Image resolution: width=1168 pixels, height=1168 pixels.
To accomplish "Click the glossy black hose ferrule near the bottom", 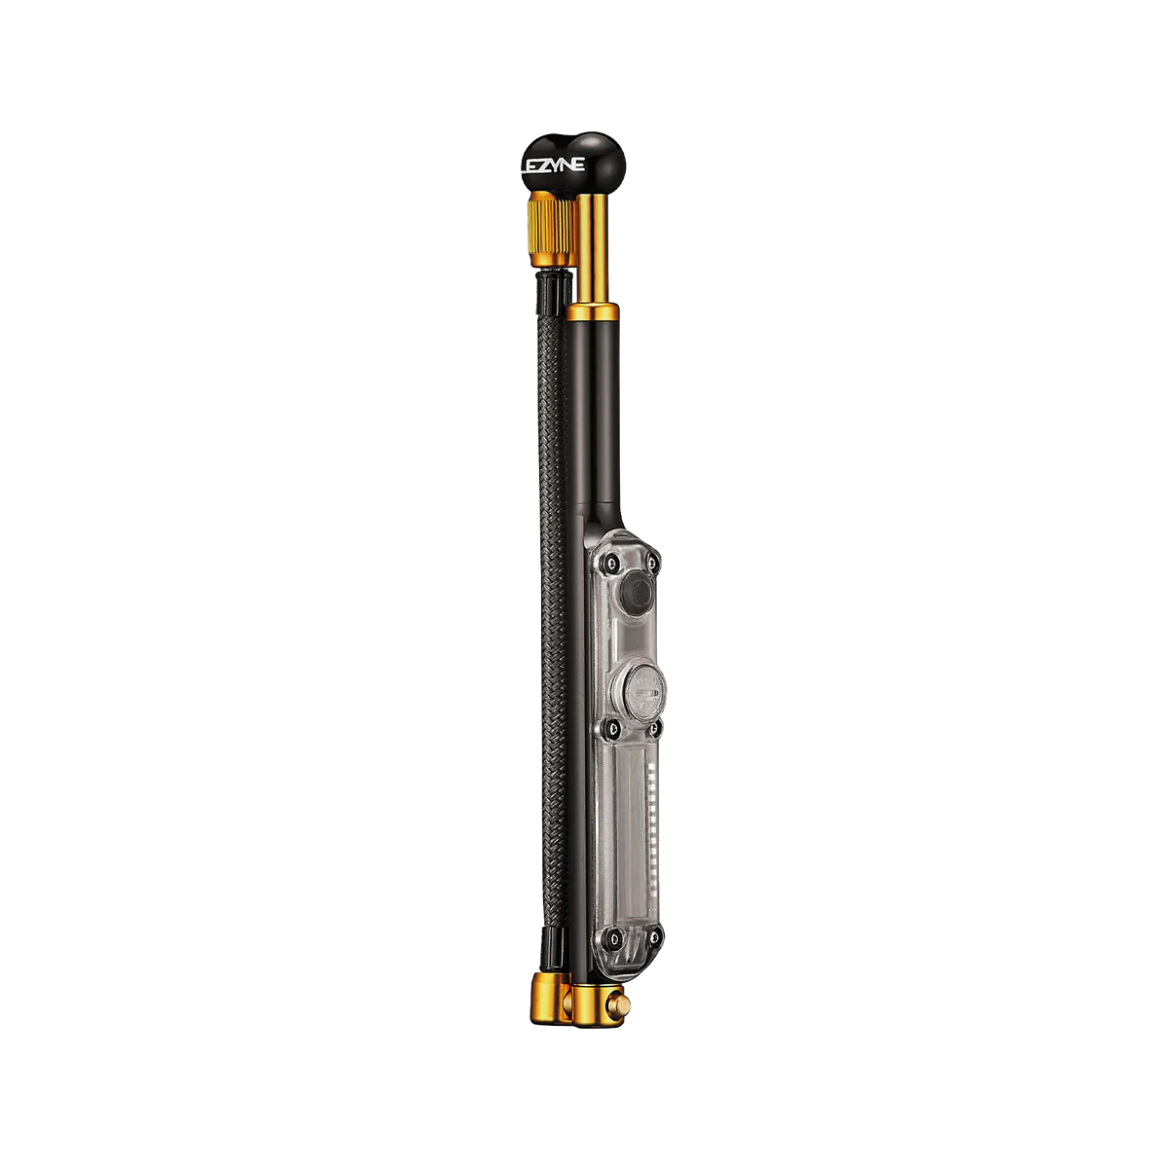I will click(x=549, y=977).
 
